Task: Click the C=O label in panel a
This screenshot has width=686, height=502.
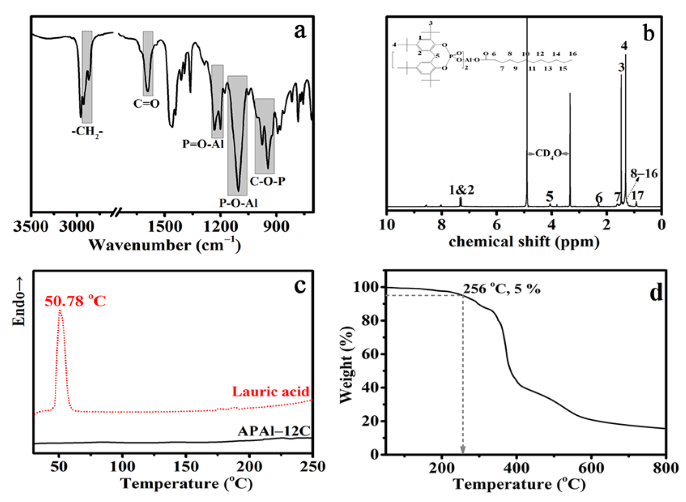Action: tap(146, 104)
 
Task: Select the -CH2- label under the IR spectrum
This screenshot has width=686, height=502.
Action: tap(87, 132)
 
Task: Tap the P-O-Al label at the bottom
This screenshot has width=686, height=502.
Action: tap(238, 203)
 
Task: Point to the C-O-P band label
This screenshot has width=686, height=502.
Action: tap(267, 181)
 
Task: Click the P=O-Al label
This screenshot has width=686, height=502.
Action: tap(203, 144)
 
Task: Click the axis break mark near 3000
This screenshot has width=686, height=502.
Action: tap(117, 211)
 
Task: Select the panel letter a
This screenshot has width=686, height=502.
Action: tap(300, 31)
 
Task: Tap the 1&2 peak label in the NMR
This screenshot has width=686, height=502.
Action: tap(461, 189)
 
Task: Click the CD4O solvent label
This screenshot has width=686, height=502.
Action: tap(548, 154)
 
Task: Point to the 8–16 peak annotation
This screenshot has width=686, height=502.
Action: tap(644, 174)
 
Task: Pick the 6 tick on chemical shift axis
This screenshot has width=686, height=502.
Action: tap(496, 224)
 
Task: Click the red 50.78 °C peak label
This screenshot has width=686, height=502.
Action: tap(75, 301)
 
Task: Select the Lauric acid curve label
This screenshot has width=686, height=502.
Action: tap(271, 391)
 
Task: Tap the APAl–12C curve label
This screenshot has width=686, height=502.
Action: tap(274, 431)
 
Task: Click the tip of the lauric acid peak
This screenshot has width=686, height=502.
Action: tap(60, 311)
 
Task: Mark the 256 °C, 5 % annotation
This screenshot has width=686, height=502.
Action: tap(502, 289)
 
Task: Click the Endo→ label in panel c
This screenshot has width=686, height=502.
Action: tap(19, 302)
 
